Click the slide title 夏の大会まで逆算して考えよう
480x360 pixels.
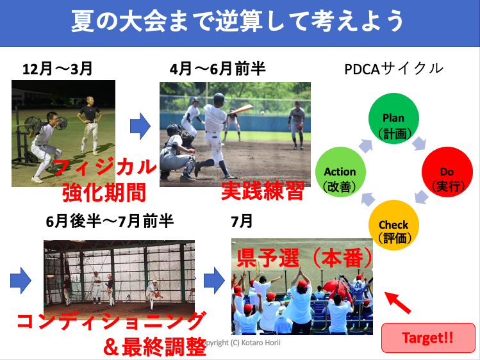237,20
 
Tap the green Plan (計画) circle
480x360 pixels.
393,119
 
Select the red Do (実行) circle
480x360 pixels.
447,172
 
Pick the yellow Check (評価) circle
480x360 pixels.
393,225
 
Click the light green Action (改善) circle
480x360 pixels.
340,172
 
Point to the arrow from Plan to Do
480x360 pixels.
418,143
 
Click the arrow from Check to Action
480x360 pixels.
368,199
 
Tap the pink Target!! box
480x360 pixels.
428,338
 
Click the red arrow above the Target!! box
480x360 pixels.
397,302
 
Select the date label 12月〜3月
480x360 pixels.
57,69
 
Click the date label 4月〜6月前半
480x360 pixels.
217,69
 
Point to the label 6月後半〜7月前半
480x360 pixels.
110,221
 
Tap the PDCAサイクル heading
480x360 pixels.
393,69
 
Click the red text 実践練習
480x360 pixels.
262,190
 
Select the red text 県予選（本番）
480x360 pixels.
304,258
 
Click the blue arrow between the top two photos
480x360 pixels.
140,126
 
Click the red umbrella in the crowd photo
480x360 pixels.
336,285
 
